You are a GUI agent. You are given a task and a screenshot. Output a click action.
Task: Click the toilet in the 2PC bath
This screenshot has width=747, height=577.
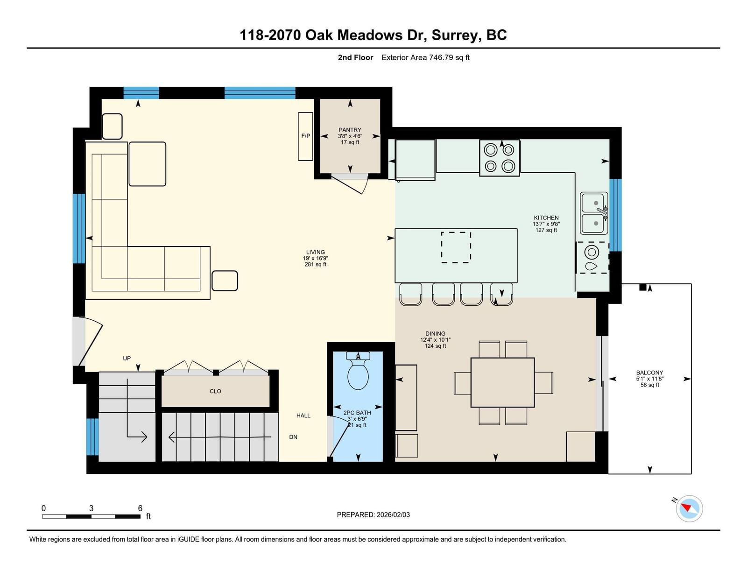[x=358, y=371]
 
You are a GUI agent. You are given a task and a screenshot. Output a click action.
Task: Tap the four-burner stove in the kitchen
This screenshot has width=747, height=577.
[x=500, y=158]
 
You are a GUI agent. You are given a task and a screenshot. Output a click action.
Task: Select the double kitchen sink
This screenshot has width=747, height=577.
[x=594, y=213]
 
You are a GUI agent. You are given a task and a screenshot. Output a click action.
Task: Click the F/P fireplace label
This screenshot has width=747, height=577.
[x=306, y=136]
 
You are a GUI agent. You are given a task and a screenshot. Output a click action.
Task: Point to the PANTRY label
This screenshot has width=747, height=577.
[x=350, y=130]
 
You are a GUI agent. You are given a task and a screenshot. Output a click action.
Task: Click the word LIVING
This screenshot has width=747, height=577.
[x=316, y=252]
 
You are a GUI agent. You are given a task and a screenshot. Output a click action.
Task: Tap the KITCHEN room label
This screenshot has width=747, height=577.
[x=546, y=218]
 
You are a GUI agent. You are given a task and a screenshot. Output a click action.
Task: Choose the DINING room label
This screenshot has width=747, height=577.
[x=435, y=333]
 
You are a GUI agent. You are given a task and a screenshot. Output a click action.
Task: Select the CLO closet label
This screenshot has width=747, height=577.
[x=216, y=391]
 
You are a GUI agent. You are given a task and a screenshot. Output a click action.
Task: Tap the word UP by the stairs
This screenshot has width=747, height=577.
[x=127, y=358]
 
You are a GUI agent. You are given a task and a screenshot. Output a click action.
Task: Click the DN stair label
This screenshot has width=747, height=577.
[x=293, y=437]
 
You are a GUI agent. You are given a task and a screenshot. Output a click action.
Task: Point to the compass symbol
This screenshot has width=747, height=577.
[x=689, y=509]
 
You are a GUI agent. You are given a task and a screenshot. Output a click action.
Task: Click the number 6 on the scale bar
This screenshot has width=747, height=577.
[x=140, y=508]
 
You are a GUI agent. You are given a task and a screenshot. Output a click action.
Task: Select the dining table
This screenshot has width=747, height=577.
[x=502, y=382]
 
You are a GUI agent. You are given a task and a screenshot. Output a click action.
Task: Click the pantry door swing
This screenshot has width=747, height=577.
[x=358, y=186]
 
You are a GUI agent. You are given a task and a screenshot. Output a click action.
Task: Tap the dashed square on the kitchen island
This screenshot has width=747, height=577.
[x=456, y=247]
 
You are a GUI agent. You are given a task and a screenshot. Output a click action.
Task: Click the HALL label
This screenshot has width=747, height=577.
[x=303, y=415]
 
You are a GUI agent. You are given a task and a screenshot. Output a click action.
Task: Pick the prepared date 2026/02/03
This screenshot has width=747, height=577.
[x=393, y=515]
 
